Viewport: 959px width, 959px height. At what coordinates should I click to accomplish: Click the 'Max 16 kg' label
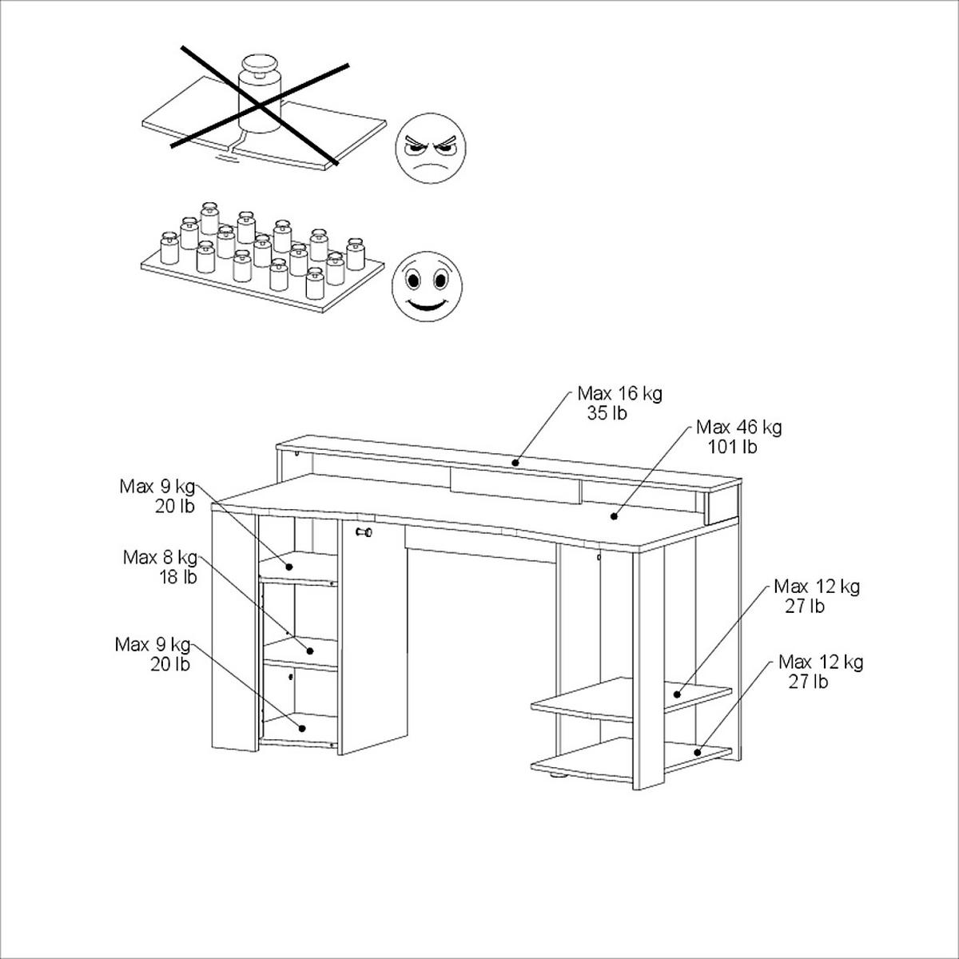tap(619, 394)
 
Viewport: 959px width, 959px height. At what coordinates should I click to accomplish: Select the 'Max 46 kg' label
tap(738, 428)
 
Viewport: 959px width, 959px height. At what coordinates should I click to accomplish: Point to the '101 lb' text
tap(731, 447)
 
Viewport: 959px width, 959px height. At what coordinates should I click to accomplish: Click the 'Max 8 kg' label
tap(159, 557)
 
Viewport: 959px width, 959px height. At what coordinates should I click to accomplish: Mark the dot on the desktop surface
tap(614, 516)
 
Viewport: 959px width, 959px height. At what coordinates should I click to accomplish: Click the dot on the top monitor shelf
tap(515, 462)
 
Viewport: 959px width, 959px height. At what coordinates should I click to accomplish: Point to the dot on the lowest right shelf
tap(697, 752)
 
